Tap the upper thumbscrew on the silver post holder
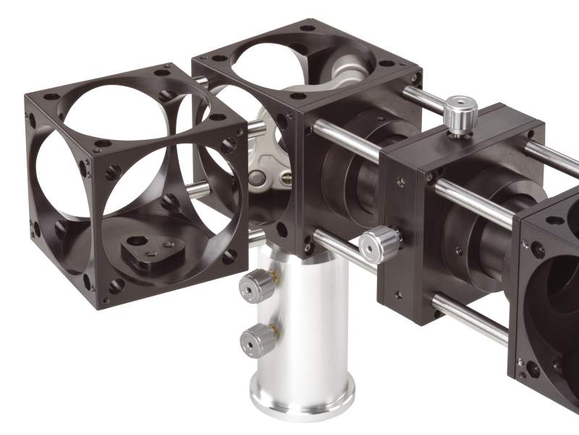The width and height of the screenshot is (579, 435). coord(258,284)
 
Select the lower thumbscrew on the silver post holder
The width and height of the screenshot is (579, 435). coord(256,338)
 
